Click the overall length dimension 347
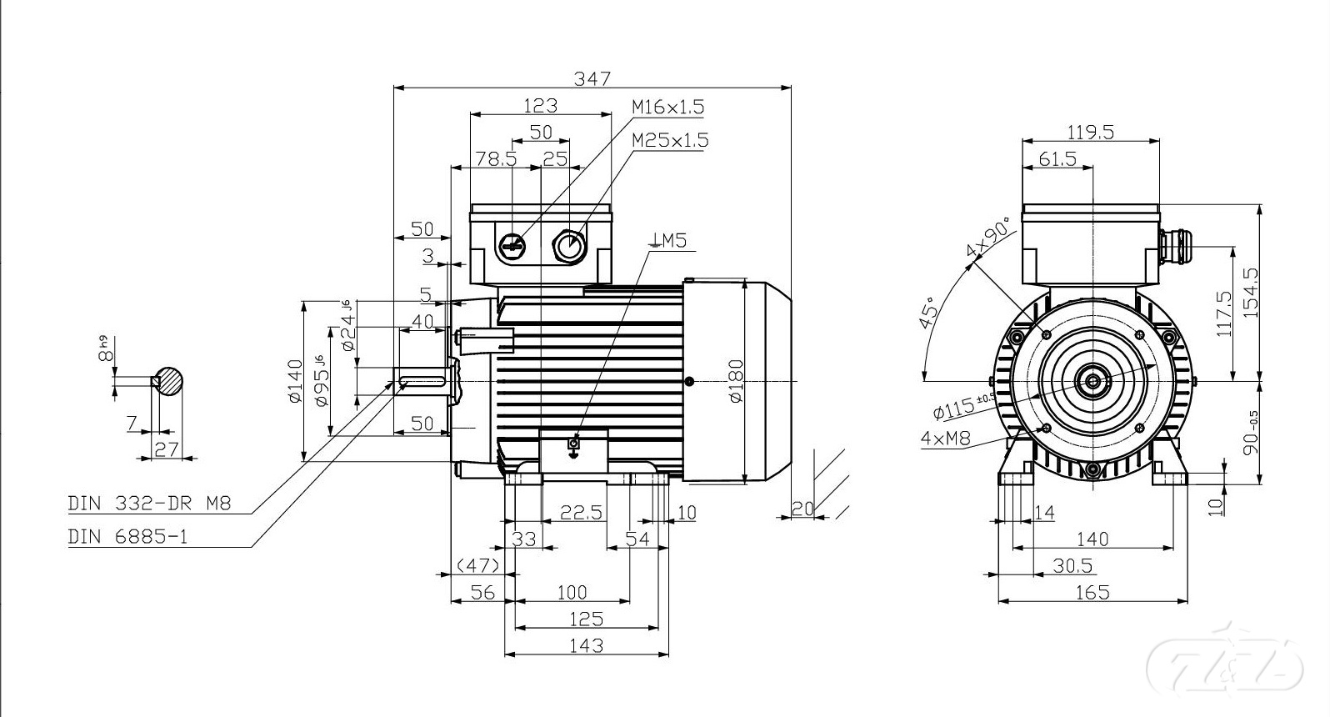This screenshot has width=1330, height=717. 592,78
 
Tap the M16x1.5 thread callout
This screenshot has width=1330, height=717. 667,107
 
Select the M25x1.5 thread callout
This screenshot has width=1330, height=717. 670,139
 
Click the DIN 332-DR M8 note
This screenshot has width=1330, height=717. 149,504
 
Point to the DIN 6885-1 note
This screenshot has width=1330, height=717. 127,537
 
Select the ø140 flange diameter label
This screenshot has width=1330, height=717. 294,381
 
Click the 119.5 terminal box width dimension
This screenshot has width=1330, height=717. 1091,132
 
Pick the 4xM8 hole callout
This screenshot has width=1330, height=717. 946,439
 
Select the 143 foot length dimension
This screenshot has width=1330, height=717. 588,644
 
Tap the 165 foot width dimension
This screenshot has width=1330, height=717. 1092,592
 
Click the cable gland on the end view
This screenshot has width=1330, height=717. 1173,247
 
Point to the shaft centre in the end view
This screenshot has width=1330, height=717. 1092,382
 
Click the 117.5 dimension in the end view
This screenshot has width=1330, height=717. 1223,313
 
